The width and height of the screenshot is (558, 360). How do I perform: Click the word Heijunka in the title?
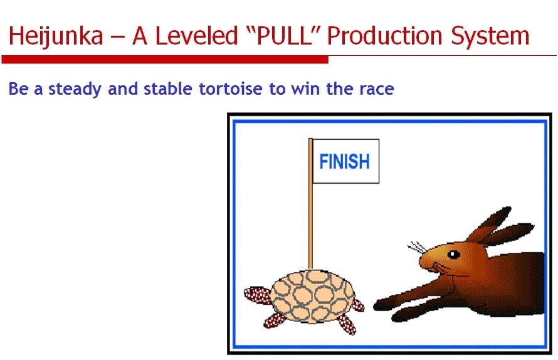pyautogui.click(x=56, y=36)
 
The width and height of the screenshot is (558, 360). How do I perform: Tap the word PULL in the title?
pyautogui.click(x=284, y=36)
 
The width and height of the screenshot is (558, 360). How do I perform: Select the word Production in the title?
pyautogui.click(x=384, y=36)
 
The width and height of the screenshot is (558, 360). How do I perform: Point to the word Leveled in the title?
pyautogui.click(x=197, y=36)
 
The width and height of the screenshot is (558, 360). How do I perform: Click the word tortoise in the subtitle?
pyautogui.click(x=230, y=88)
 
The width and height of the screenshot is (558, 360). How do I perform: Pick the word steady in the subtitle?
pyautogui.click(x=75, y=89)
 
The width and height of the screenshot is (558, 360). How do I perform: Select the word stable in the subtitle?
pyautogui.click(x=168, y=88)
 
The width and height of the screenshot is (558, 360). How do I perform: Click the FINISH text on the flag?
pyautogui.click(x=344, y=161)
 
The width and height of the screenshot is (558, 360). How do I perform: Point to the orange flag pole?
pyautogui.click(x=311, y=203)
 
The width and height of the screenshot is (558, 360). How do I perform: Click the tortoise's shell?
pyautogui.click(x=313, y=296)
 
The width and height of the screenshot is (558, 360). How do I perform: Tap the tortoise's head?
pyautogui.click(x=257, y=295)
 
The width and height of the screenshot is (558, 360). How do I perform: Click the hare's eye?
pyautogui.click(x=453, y=254)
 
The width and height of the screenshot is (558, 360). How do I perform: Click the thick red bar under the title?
pyautogui.click(x=165, y=60)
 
